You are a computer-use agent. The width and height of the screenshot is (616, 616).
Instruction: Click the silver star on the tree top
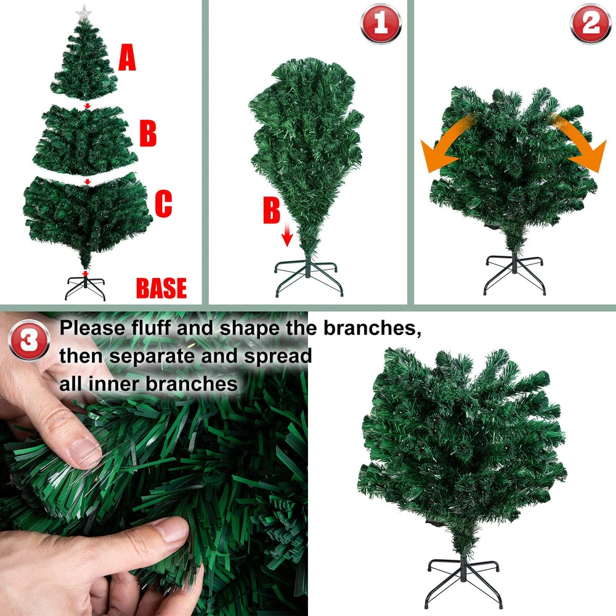pos(83,13)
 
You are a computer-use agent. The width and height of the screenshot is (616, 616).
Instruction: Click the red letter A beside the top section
pos(128,58)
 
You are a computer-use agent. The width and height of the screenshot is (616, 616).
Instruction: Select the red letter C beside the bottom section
pos(163,203)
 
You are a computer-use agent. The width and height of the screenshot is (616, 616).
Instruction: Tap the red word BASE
pos(161,288)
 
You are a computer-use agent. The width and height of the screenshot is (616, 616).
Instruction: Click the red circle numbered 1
pos(380,23)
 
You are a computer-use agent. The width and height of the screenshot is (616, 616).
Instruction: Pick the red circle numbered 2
pos(590,23)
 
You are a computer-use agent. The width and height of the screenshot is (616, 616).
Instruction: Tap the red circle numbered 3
pos(29,340)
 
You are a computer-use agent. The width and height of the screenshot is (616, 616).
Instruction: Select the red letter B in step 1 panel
pos(272,210)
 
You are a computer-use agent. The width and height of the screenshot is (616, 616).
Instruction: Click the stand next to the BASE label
pos(85,287)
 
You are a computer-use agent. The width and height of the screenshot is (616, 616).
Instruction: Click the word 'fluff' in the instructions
pos(150,328)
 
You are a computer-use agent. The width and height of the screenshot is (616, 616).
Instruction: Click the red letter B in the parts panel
pos(148,134)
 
